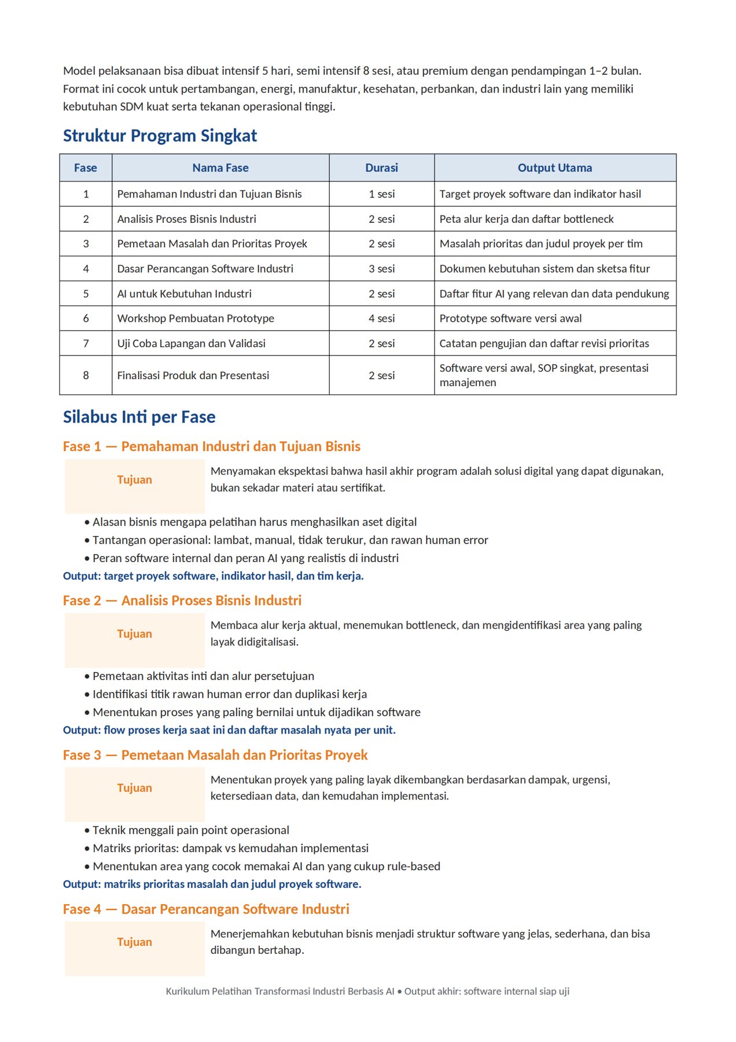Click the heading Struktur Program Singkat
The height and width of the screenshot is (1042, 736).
click(160, 135)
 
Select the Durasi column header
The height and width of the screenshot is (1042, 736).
click(381, 168)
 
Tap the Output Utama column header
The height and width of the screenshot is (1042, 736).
click(554, 168)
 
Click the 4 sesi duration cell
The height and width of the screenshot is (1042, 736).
click(381, 318)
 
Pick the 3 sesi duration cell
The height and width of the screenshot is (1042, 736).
click(381, 269)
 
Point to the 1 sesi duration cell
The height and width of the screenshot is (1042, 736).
click(381, 194)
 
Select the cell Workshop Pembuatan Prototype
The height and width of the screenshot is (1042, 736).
click(196, 318)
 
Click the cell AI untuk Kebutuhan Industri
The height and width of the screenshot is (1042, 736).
click(184, 293)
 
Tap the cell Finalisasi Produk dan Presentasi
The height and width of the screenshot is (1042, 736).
click(193, 375)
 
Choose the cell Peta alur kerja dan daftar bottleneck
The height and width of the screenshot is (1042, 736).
click(526, 219)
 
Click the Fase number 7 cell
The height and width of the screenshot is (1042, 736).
click(86, 343)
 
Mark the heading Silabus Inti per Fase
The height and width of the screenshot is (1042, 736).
click(139, 417)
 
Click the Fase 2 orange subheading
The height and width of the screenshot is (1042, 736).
click(182, 600)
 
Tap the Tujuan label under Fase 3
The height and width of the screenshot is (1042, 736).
click(134, 788)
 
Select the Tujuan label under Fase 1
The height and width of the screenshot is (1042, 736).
click(134, 480)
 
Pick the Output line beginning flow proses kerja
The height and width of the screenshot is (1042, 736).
click(229, 730)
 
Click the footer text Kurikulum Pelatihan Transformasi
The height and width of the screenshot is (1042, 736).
click(367, 991)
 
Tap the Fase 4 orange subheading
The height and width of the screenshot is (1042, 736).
click(206, 909)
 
